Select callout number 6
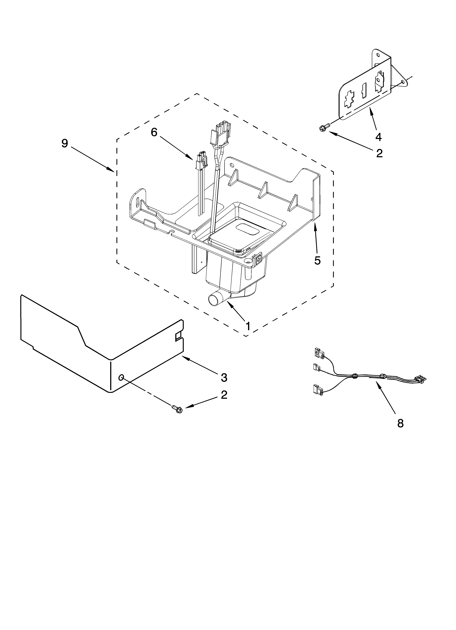[x=154, y=132]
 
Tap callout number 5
[x=317, y=260]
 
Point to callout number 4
[x=378, y=137]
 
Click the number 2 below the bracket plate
[x=379, y=153]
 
